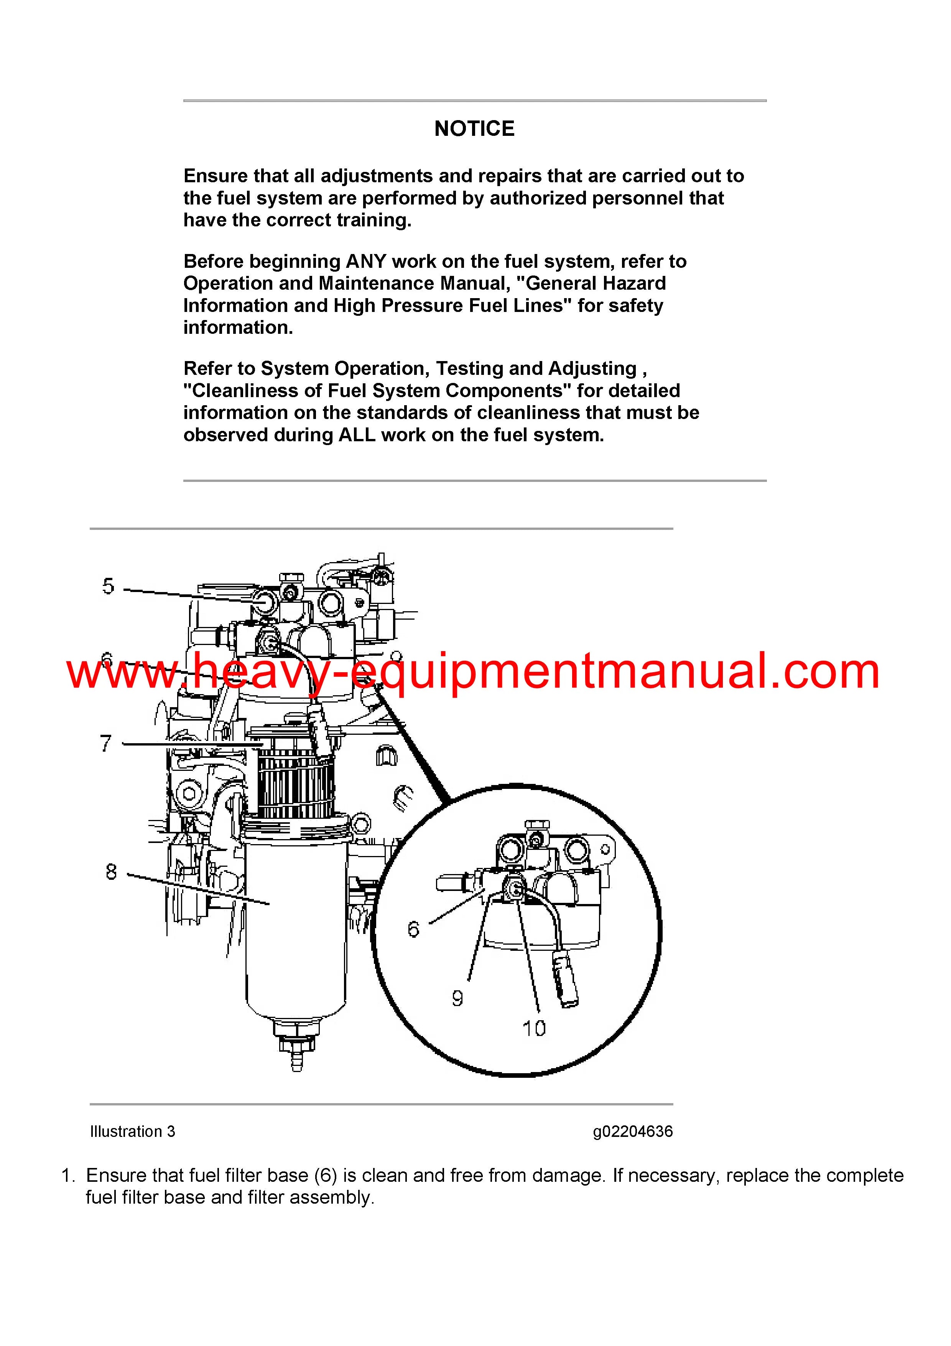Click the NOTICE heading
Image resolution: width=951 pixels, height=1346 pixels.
tap(474, 129)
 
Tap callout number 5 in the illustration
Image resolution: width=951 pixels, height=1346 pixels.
tap(109, 586)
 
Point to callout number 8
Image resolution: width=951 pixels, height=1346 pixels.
tap(111, 872)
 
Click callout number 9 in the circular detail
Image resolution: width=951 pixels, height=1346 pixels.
tap(457, 998)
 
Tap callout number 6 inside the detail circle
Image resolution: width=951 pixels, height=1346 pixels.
tap(414, 929)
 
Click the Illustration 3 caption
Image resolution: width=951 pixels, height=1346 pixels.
tap(132, 1132)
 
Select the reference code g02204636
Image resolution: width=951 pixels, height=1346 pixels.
tap(633, 1132)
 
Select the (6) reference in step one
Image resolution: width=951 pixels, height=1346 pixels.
tap(326, 1175)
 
